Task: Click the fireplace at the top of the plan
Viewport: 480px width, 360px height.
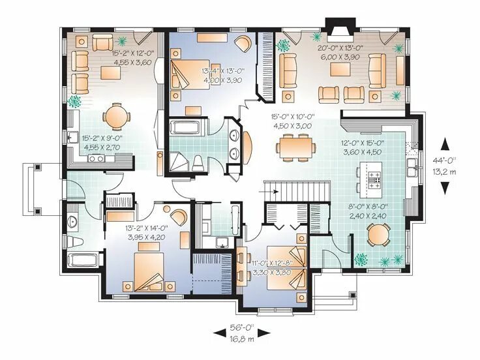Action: point(340,30)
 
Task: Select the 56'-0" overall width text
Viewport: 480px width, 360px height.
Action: point(242,327)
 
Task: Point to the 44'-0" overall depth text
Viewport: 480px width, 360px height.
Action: point(444,160)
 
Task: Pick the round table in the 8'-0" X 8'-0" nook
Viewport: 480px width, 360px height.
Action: point(379,235)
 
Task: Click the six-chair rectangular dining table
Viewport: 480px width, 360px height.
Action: point(295,147)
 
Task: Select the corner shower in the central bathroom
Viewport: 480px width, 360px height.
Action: point(179,162)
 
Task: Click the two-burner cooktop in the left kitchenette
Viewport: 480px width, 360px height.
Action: point(97,158)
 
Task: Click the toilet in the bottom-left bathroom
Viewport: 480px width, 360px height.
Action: point(75,242)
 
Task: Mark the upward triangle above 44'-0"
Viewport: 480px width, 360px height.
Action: point(445,144)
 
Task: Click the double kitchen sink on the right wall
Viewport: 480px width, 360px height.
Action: point(412,168)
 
